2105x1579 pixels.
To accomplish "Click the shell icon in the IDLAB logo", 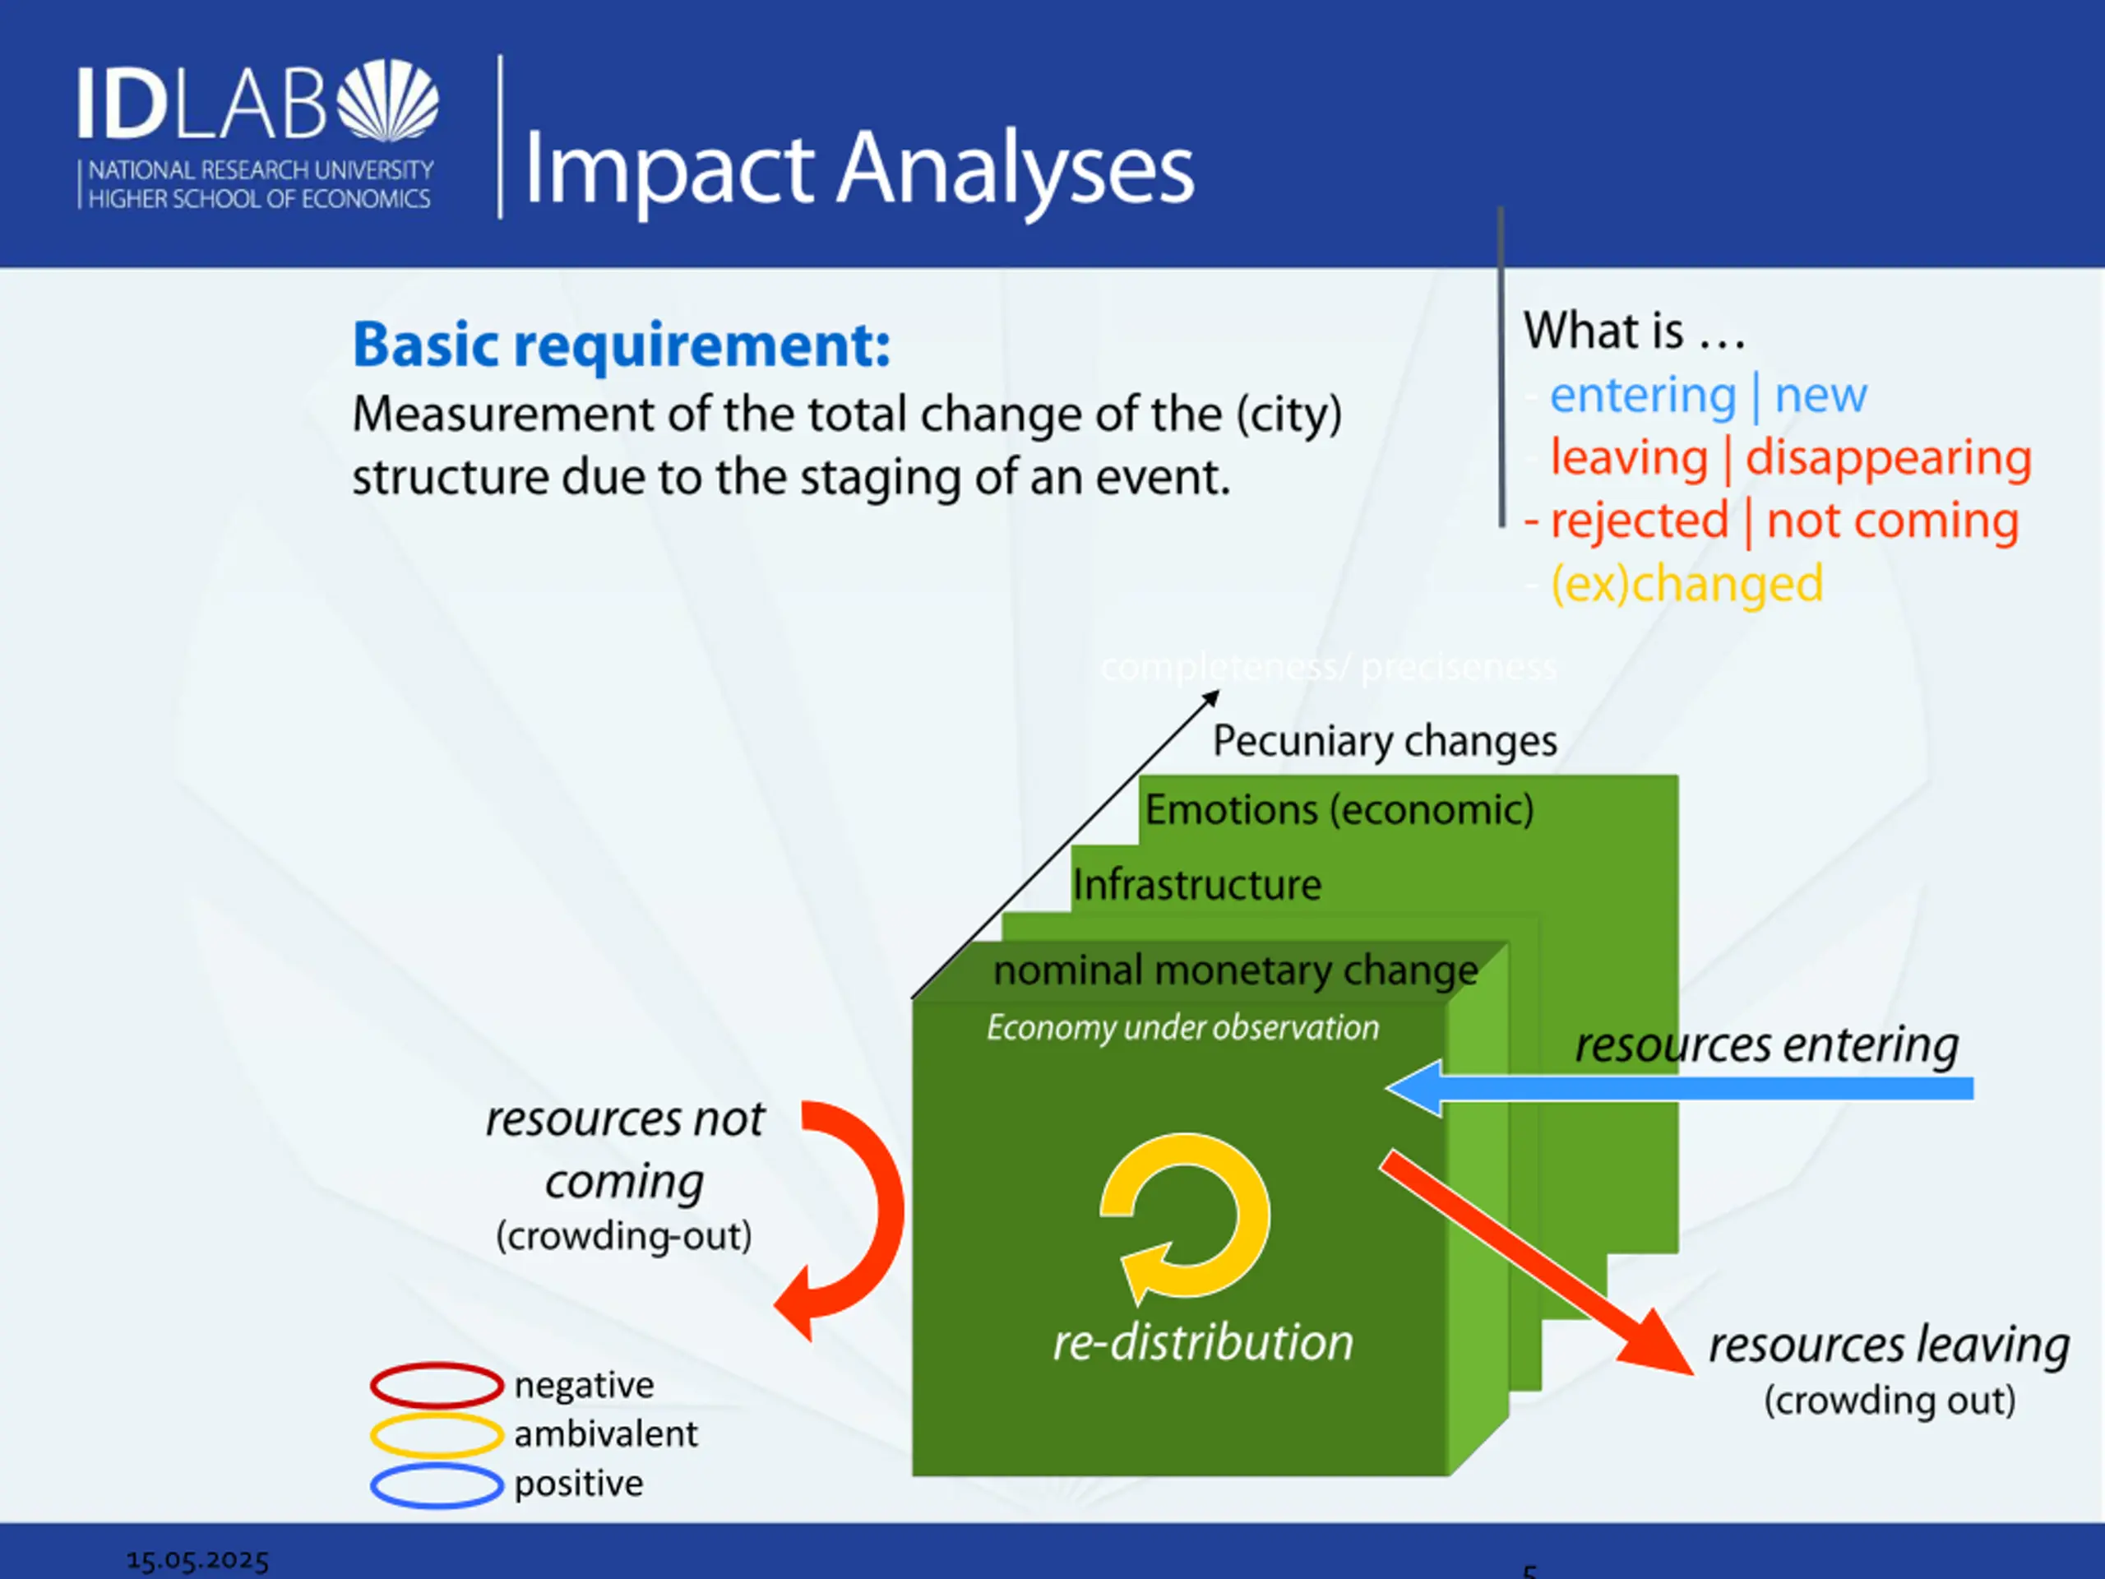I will [x=388, y=101].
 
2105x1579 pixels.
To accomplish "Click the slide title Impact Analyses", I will [x=858, y=169].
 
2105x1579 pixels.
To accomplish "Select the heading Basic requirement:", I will [x=622, y=345].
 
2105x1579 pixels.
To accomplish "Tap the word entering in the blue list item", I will [x=1643, y=395].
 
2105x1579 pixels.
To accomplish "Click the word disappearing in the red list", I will [x=1888, y=458].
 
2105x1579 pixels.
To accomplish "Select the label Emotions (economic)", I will [x=1339, y=810].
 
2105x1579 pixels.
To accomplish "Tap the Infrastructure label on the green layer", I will [x=1196, y=885].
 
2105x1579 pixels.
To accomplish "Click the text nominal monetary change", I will [x=1235, y=970].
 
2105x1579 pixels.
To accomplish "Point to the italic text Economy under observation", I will [x=1182, y=1028].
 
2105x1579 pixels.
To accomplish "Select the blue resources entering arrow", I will [x=1679, y=1088].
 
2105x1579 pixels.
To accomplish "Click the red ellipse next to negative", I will [x=436, y=1385].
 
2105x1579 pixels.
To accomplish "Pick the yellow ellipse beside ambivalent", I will [x=436, y=1434].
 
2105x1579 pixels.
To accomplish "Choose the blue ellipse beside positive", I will [x=436, y=1484].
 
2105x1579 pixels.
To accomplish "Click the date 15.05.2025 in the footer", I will [x=198, y=1560].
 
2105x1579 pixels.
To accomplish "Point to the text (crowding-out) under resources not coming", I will [x=623, y=1236].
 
